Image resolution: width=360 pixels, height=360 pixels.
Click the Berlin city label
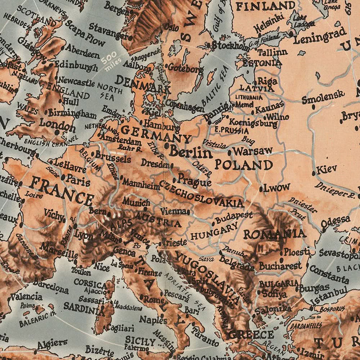click(x=190, y=152)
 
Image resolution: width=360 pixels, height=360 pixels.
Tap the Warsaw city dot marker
click(x=230, y=153)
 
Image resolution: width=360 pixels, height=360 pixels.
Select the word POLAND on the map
click(x=244, y=165)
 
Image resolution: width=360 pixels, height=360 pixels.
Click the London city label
click(x=57, y=125)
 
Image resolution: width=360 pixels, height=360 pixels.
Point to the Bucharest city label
click(x=280, y=266)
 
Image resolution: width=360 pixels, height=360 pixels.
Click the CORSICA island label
click(x=89, y=282)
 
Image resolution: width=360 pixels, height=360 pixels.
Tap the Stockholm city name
click(x=230, y=46)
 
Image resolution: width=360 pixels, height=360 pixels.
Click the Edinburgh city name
click(x=76, y=65)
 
